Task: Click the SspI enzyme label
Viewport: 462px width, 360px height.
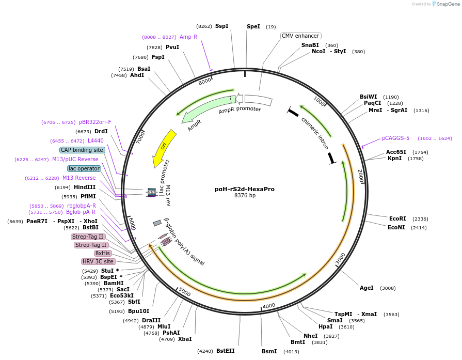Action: (x=221, y=26)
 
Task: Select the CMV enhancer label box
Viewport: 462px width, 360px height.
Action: (x=300, y=36)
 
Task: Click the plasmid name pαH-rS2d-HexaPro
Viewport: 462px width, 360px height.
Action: (x=245, y=189)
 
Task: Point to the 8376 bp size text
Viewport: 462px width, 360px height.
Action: (x=245, y=196)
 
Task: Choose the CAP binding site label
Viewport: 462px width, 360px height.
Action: (x=82, y=150)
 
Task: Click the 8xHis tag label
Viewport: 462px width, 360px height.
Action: (x=102, y=253)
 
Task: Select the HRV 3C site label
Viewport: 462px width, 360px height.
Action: (x=98, y=261)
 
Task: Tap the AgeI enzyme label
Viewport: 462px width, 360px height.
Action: (x=367, y=288)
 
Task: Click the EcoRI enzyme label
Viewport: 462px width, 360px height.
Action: (x=397, y=218)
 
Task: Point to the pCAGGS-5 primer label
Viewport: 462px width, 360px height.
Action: (x=395, y=138)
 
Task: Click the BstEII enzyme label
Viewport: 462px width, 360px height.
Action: (x=225, y=351)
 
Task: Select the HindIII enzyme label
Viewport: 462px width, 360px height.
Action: (x=85, y=187)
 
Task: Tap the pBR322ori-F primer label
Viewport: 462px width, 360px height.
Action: (x=95, y=122)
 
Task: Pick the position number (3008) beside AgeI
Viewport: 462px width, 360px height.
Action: (x=388, y=288)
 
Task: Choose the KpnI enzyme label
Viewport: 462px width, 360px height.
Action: (x=394, y=158)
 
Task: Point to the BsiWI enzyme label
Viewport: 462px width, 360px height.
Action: (x=369, y=97)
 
